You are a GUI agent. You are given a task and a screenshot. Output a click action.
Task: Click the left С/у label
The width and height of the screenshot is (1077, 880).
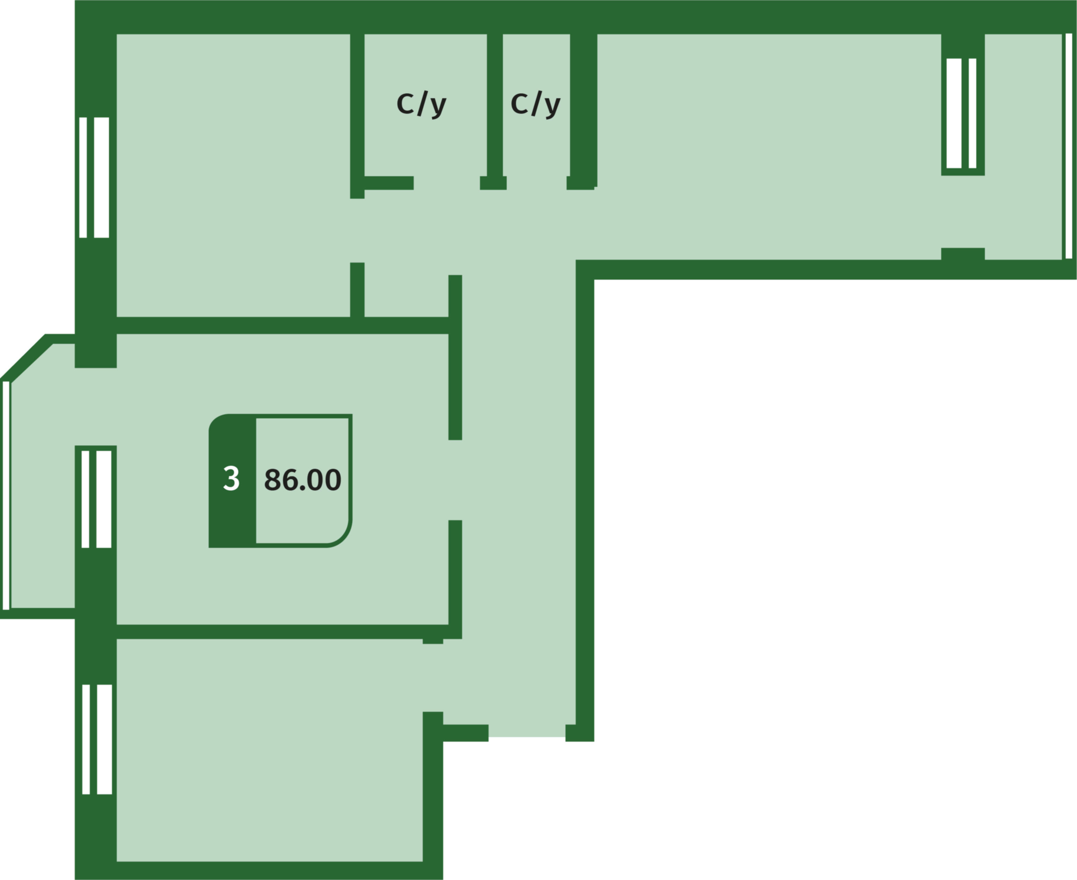point(421,104)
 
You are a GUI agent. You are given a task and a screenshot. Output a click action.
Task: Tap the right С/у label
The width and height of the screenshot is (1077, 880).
point(535,104)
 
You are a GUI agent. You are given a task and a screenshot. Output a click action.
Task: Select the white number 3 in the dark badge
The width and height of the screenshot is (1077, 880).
point(231,478)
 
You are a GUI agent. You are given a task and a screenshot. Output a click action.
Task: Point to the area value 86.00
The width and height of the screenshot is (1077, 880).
point(303,479)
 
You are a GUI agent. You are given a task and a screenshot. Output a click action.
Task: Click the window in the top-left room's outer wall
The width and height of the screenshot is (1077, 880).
point(94,178)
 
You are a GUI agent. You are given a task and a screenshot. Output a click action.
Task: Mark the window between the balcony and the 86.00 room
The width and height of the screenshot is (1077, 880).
point(96,499)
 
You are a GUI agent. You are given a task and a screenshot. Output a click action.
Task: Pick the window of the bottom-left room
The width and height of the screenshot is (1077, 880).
point(97,739)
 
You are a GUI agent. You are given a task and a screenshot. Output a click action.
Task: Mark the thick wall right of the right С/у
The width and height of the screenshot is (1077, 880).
point(583,109)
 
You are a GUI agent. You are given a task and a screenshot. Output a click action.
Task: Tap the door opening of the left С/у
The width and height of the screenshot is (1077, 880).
point(447,183)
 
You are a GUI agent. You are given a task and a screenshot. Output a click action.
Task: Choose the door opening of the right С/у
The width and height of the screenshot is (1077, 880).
point(537,183)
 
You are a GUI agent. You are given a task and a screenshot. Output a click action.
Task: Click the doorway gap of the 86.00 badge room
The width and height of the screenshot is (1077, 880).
point(455,480)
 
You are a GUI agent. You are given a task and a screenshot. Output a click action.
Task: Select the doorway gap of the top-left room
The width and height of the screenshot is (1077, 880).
point(357,230)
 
